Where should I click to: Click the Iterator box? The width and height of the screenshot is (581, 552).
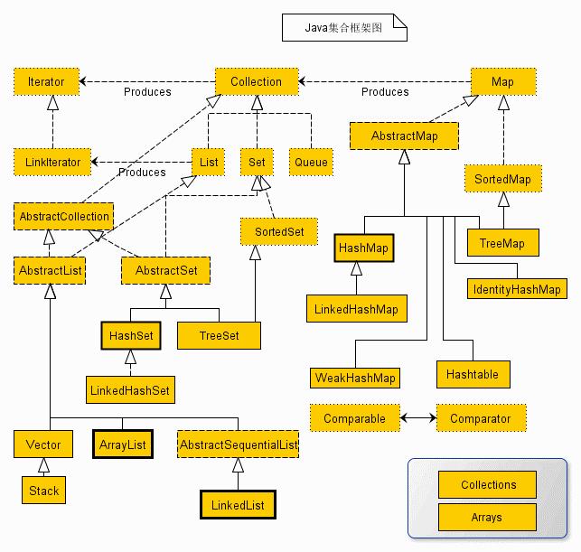(46, 82)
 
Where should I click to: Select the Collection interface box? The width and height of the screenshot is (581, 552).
(256, 82)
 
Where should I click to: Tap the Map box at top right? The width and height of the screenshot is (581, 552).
(502, 82)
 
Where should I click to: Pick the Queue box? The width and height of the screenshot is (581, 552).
(311, 163)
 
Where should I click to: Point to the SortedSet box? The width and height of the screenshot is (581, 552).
(279, 232)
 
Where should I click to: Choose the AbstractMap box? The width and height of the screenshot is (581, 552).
(404, 136)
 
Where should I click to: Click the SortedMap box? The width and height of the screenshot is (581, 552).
(502, 180)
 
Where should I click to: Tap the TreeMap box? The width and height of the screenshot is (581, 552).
(502, 242)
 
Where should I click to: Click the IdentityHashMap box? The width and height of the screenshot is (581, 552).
(517, 290)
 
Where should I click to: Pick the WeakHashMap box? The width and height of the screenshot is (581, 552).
(355, 377)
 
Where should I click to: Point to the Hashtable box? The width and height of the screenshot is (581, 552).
(473, 373)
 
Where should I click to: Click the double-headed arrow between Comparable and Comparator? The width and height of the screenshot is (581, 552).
(417, 419)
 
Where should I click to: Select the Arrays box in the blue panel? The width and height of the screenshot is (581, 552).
(487, 518)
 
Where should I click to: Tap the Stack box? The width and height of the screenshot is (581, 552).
(43, 491)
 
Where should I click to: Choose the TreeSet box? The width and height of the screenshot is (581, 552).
(220, 335)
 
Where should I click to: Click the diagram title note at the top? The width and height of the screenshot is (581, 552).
(344, 28)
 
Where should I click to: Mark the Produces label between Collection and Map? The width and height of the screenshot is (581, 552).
(385, 92)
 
